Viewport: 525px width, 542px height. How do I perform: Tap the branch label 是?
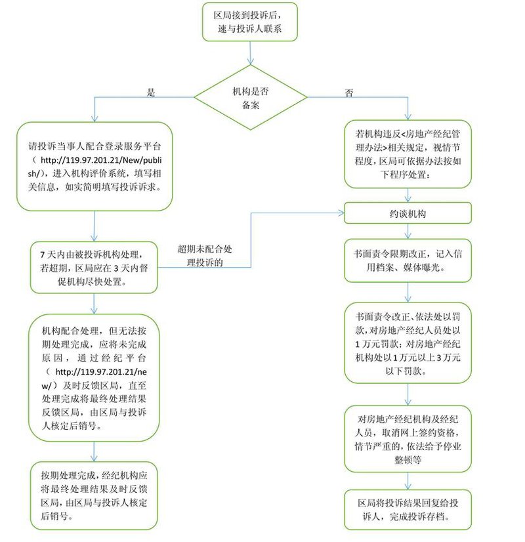point(150,93)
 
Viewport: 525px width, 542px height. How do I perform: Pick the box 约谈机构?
point(408,213)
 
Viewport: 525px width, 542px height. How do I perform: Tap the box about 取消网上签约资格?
point(408,438)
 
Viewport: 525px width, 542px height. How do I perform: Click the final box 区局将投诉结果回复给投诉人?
point(408,509)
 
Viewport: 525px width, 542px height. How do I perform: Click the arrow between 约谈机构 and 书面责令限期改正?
point(408,230)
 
